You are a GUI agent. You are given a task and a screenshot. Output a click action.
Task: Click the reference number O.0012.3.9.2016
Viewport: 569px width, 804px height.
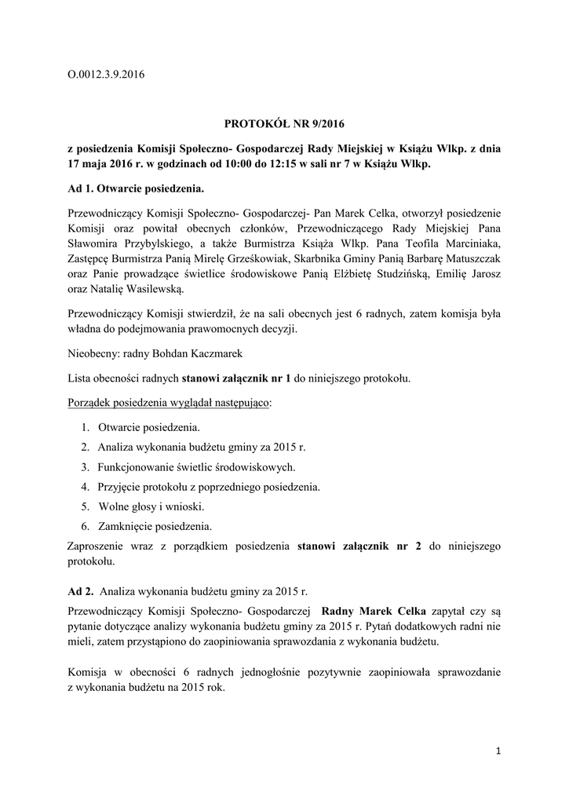pyautogui.click(x=108, y=75)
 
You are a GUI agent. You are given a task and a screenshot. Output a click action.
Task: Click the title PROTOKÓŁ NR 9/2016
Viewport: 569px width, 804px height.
pyautogui.click(x=285, y=123)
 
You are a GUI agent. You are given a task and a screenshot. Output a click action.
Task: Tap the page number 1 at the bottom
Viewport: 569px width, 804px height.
pyautogui.click(x=498, y=751)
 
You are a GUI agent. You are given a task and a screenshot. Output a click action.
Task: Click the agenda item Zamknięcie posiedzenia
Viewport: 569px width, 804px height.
pyautogui.click(x=155, y=526)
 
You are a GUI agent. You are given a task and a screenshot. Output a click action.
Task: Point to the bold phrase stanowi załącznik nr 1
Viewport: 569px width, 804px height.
pyautogui.click(x=236, y=379)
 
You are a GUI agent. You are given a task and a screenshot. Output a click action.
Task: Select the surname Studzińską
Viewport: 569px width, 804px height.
pyautogui.click(x=408, y=274)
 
